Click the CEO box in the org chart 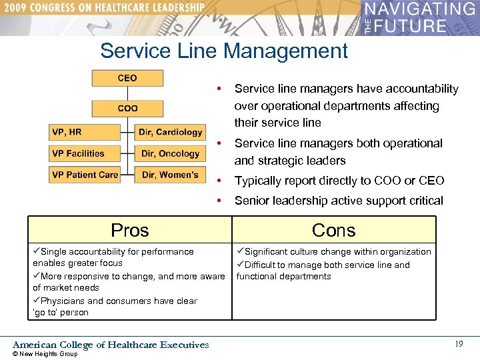[x=127, y=78]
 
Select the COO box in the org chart [x=127, y=108]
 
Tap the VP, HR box [x=85, y=132]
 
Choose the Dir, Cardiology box [x=170, y=132]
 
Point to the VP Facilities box [x=85, y=153]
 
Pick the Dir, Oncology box [x=170, y=153]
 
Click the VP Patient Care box [x=85, y=175]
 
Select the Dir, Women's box [x=170, y=175]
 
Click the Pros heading [x=130, y=230]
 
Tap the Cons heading [x=333, y=230]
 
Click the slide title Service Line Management [x=224, y=51]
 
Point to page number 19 [x=459, y=344]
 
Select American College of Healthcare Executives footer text [x=111, y=345]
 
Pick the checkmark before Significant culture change [x=240, y=252]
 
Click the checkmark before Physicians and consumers [x=37, y=301]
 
